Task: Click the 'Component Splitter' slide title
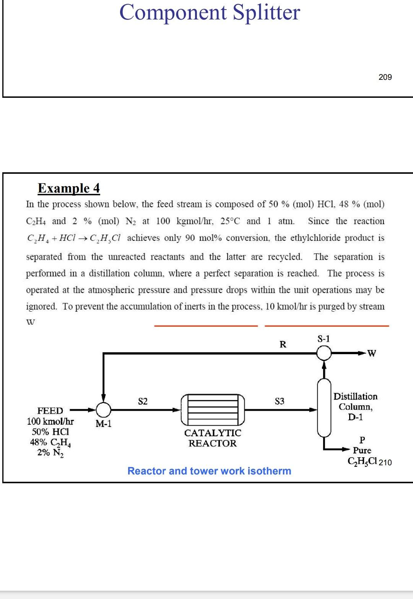(210, 12)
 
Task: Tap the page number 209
(385, 77)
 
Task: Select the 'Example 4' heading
(69, 188)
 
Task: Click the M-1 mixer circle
(103, 410)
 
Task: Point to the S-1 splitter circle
(324, 353)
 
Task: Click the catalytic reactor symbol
(213, 410)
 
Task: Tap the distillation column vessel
(324, 407)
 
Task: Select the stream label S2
(143, 401)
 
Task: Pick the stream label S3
(280, 401)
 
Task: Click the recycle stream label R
(283, 345)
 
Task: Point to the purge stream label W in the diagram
(371, 353)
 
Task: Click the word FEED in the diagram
(50, 411)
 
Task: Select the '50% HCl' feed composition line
(50, 432)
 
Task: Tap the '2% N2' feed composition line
(50, 453)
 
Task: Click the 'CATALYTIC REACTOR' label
(213, 438)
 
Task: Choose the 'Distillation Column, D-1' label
(355, 406)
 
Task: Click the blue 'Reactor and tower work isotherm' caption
(209, 471)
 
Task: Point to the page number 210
(385, 463)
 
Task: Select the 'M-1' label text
(103, 423)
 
